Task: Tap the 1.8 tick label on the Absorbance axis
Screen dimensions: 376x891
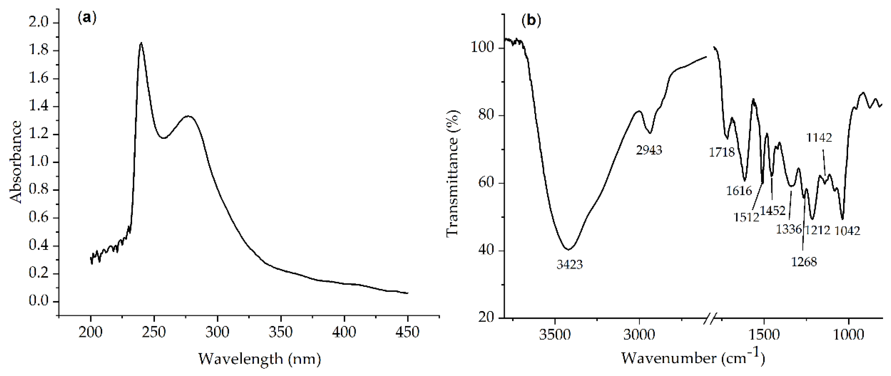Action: click(39, 51)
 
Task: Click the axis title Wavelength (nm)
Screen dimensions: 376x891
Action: click(259, 359)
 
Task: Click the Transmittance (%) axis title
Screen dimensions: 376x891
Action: click(453, 173)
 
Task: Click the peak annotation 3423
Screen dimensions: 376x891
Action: click(570, 265)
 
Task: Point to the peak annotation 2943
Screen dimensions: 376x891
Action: click(649, 150)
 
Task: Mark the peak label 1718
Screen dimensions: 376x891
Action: click(722, 152)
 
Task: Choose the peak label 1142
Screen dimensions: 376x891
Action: click(819, 138)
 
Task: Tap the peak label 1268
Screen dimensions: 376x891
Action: click(804, 262)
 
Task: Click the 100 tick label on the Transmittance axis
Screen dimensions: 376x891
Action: click(482, 48)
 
